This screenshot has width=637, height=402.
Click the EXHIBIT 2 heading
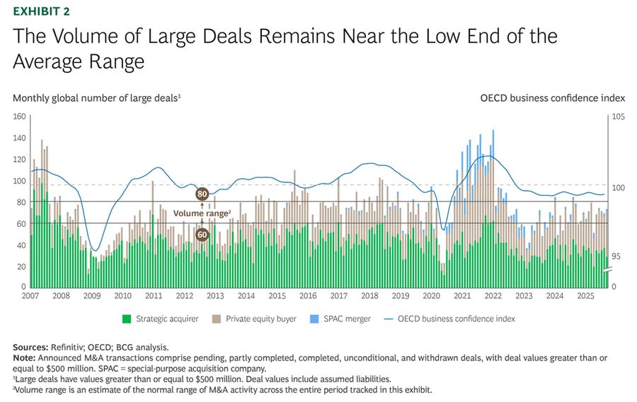pyautogui.click(x=41, y=11)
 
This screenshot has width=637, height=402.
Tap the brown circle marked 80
pyautogui.click(x=202, y=194)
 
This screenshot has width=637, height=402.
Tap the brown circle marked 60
pyautogui.click(x=202, y=234)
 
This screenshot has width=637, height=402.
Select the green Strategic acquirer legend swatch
pyautogui.click(x=127, y=319)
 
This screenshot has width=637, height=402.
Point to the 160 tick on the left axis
pyautogui.click(x=20, y=117)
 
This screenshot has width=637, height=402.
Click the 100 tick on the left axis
pyautogui.click(x=20, y=181)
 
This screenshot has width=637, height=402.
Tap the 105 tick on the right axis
pyautogui.click(x=618, y=117)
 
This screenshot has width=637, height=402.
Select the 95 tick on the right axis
pyautogui.click(x=616, y=256)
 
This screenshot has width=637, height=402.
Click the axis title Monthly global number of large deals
pyautogui.click(x=96, y=97)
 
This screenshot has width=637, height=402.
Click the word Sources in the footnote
pyautogui.click(x=33, y=347)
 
